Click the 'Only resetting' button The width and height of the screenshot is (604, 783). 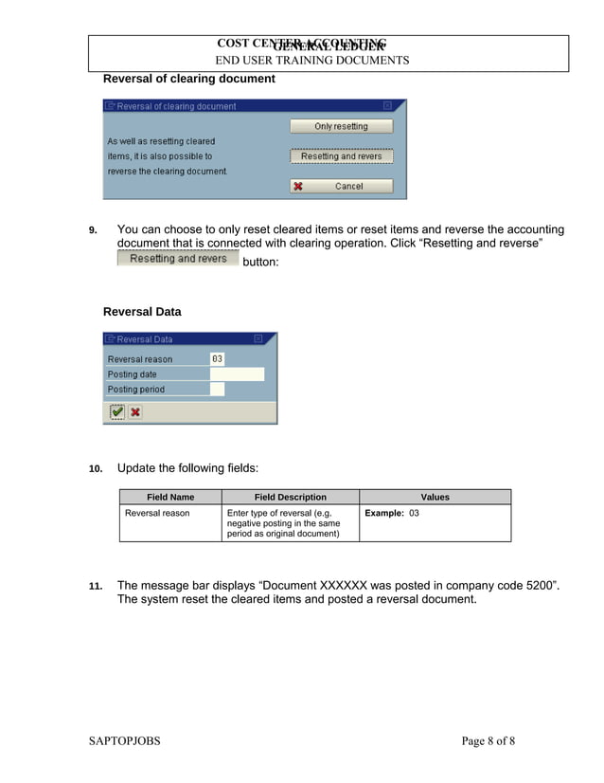[x=341, y=126]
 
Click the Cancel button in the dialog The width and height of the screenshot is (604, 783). [x=341, y=187]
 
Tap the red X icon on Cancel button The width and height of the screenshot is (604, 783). [x=298, y=187]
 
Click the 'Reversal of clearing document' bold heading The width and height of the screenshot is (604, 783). [x=188, y=79]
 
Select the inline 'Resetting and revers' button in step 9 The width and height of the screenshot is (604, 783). [x=178, y=259]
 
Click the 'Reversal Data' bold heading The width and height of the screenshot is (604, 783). [x=142, y=312]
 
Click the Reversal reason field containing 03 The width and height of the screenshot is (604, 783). [x=217, y=359]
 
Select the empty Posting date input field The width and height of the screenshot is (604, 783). [x=237, y=374]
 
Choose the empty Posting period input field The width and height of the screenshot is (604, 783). [x=217, y=390]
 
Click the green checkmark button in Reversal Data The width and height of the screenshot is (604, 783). [x=116, y=411]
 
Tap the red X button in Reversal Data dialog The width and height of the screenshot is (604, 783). [x=135, y=411]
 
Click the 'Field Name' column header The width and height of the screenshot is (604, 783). [x=170, y=497]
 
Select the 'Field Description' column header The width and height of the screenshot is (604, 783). [x=290, y=497]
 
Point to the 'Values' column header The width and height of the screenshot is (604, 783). [x=435, y=497]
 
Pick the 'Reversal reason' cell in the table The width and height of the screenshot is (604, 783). [x=157, y=513]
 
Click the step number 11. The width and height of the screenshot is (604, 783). [x=95, y=587]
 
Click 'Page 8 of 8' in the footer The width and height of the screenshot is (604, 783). [x=488, y=741]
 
